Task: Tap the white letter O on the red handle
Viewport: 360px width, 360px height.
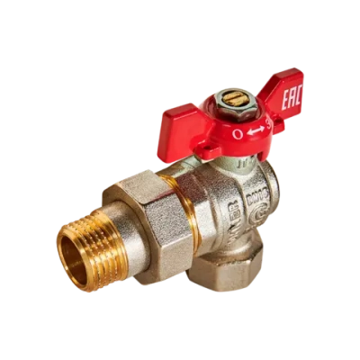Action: (238, 133)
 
